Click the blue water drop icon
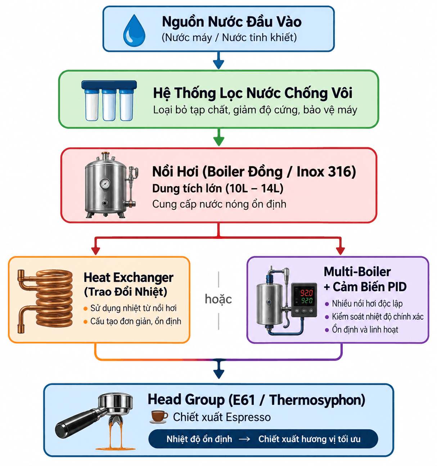(134, 31)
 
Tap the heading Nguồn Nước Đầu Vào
(231, 22)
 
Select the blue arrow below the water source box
(218, 60)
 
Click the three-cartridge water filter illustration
(109, 100)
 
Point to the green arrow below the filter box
(218, 137)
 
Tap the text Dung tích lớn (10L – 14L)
(218, 188)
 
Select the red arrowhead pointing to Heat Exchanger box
(96, 250)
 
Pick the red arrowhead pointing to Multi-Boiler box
(341, 250)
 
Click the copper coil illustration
(45, 301)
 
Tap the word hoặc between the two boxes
(218, 299)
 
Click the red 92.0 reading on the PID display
(306, 293)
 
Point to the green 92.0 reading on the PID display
(307, 300)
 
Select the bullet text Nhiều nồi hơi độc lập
(367, 304)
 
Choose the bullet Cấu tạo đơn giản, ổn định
(136, 321)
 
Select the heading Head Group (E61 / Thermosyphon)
(256, 399)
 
